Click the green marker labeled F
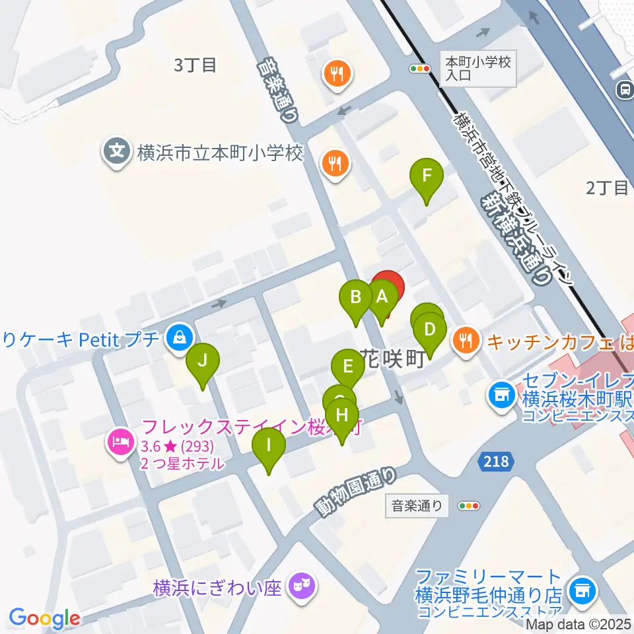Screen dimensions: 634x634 pos(427,176)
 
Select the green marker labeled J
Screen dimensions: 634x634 pos(203,361)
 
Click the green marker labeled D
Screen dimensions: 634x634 pos(430,329)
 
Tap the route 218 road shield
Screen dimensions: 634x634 pos(495,461)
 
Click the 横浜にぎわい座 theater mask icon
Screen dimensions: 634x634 pos(303,585)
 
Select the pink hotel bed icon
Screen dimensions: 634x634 pos(120,439)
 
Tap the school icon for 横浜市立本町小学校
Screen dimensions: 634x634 pos(117,151)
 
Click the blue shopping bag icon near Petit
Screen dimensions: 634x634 pos(178,339)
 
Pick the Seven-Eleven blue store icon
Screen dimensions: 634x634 pos(501,395)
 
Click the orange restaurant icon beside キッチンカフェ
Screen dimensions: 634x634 pos(467,341)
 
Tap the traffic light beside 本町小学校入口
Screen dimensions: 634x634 pos(420,67)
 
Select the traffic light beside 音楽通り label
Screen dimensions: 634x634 pos(469,507)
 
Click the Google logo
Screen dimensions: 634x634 pos(44,619)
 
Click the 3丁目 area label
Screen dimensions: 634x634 pos(195,65)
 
